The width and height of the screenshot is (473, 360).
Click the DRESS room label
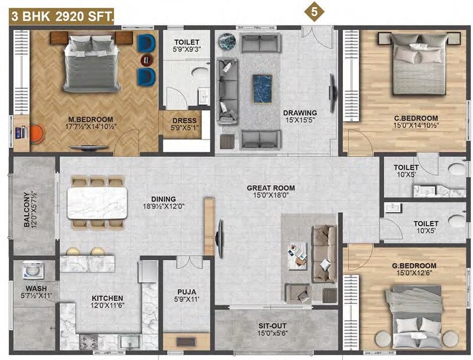(x=184, y=121)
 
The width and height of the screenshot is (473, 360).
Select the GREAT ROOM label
(x=271, y=188)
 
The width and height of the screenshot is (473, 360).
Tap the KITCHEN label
(x=107, y=298)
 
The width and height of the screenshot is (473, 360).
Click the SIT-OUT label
(x=273, y=325)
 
